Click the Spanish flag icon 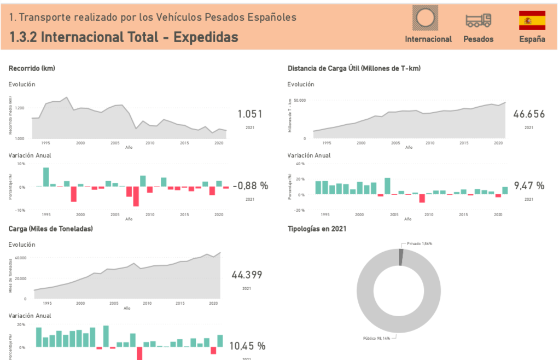pos(532,20)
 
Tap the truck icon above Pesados pos(478,20)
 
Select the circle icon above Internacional pos(428,18)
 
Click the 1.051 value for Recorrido pos(249,114)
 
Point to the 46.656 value pos(528,114)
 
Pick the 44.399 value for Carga pos(247,275)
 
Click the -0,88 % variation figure pos(250,186)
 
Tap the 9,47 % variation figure pos(529,186)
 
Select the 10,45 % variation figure pos(247,346)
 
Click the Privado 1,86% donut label pos(420,243)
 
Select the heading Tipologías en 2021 pos(317,229)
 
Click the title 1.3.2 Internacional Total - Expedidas pos(124,37)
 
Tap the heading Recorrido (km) pos(32,68)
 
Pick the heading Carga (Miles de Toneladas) pos(50,229)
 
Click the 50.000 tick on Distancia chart pos(299,101)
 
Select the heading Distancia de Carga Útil pos(353,68)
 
